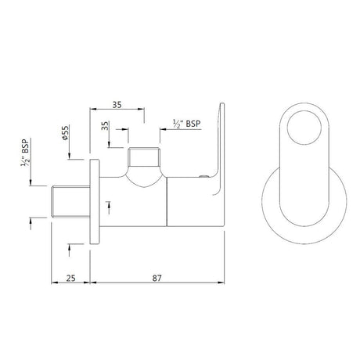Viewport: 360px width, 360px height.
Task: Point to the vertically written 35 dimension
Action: coord(106,128)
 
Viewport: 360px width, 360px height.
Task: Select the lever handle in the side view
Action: coord(220,141)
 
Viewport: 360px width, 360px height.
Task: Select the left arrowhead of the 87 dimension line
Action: coord(94,283)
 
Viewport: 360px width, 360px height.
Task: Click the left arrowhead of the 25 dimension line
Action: coord(54,283)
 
